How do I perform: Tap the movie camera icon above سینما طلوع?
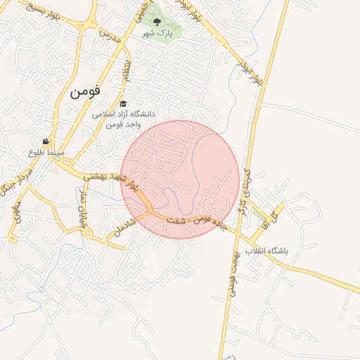46,141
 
